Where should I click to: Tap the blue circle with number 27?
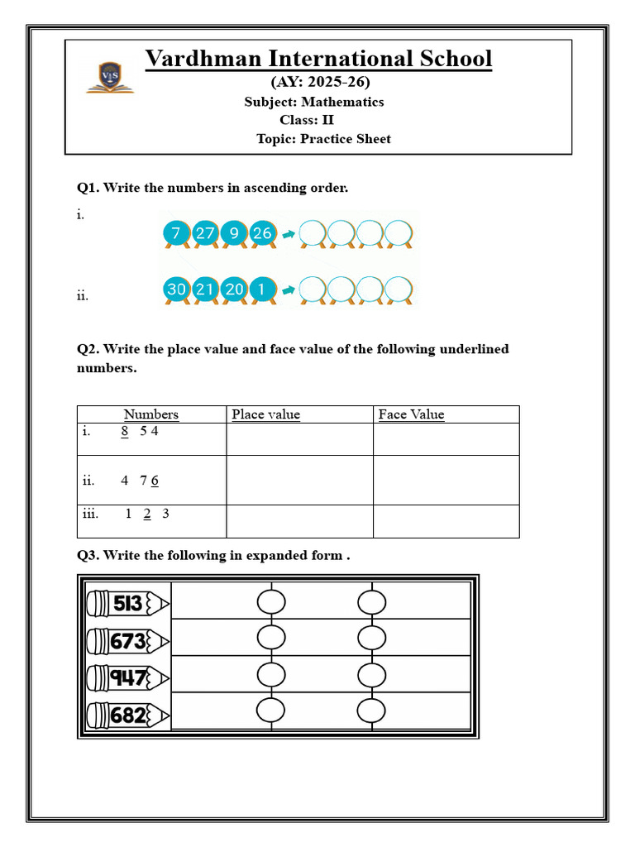point(205,233)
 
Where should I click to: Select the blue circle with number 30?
point(175,290)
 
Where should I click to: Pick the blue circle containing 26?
point(262,233)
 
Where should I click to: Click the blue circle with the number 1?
point(262,290)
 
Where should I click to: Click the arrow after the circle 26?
point(288,234)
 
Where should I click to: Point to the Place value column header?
point(265,414)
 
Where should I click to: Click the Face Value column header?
point(411,414)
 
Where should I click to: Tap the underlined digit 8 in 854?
point(124,431)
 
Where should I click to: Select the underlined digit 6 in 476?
point(155,481)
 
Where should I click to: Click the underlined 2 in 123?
point(147,514)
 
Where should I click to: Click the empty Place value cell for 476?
point(299,480)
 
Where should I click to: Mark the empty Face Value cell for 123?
point(446,521)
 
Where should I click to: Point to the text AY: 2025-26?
point(321,82)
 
